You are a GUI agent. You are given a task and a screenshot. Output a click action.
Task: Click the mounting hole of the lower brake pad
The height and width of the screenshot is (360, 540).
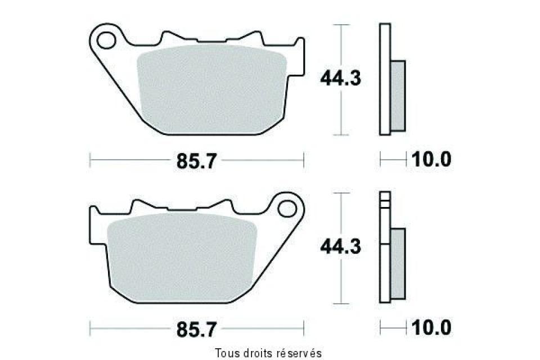tap(289, 209)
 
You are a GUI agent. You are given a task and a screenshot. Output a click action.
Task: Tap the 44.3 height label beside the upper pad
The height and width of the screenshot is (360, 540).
tap(340, 78)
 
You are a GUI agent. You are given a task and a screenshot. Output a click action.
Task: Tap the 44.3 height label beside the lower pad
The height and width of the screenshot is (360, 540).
tap(340, 246)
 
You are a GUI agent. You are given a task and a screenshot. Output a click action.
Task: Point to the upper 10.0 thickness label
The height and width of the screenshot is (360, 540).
tap(431, 160)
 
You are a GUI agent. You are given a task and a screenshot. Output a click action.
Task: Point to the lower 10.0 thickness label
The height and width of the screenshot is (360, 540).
tap(431, 327)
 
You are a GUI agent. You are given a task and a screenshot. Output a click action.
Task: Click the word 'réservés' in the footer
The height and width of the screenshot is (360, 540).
tap(299, 353)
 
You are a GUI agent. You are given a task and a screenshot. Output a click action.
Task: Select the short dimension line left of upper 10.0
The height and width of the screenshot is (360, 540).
tap(393, 160)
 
